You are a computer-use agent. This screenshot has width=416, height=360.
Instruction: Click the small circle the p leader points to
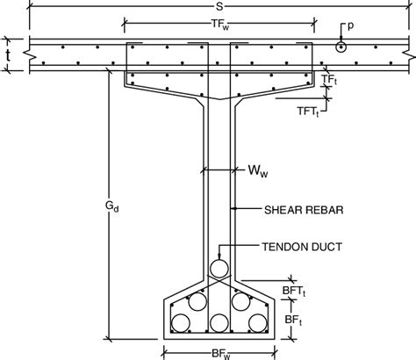341,47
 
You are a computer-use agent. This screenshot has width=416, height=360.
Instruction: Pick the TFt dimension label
328,80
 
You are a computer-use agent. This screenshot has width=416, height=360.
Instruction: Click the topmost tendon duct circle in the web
219,268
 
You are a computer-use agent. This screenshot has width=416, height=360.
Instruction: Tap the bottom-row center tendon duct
219,324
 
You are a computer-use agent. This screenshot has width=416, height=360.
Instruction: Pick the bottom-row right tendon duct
256,324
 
